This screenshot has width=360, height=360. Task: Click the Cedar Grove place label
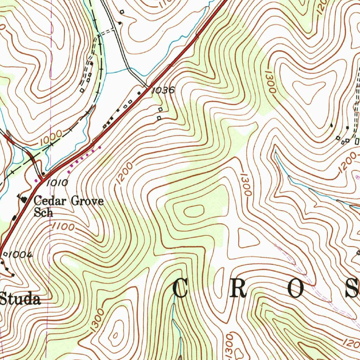point(69,201)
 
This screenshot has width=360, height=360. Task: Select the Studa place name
point(20,300)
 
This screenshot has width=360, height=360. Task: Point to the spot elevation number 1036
point(163,90)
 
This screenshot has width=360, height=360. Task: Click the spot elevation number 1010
point(56,182)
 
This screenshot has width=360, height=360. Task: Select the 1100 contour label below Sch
point(63,227)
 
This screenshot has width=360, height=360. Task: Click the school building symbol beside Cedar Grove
point(24,200)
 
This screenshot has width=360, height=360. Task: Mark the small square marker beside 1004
point(5,253)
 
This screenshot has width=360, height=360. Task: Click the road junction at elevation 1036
point(148,86)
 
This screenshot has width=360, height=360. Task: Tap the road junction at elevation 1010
point(41,180)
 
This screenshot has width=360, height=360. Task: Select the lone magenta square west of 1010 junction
point(36,180)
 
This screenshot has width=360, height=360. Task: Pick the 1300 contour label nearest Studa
point(97,319)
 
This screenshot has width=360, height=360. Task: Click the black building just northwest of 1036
point(139,93)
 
